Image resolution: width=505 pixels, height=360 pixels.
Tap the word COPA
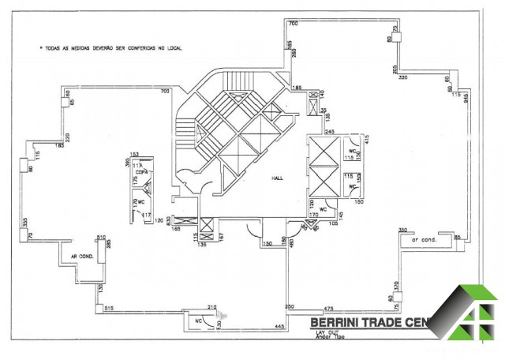tap(141, 171)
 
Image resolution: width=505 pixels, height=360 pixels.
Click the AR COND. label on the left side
tap(82, 256)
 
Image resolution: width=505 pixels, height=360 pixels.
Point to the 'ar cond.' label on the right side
tap(425, 239)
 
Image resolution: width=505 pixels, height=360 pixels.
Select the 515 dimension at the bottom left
tap(110, 308)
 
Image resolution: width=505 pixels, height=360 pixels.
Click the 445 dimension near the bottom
tap(279, 326)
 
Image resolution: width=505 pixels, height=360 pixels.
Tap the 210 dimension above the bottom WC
tap(211, 306)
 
